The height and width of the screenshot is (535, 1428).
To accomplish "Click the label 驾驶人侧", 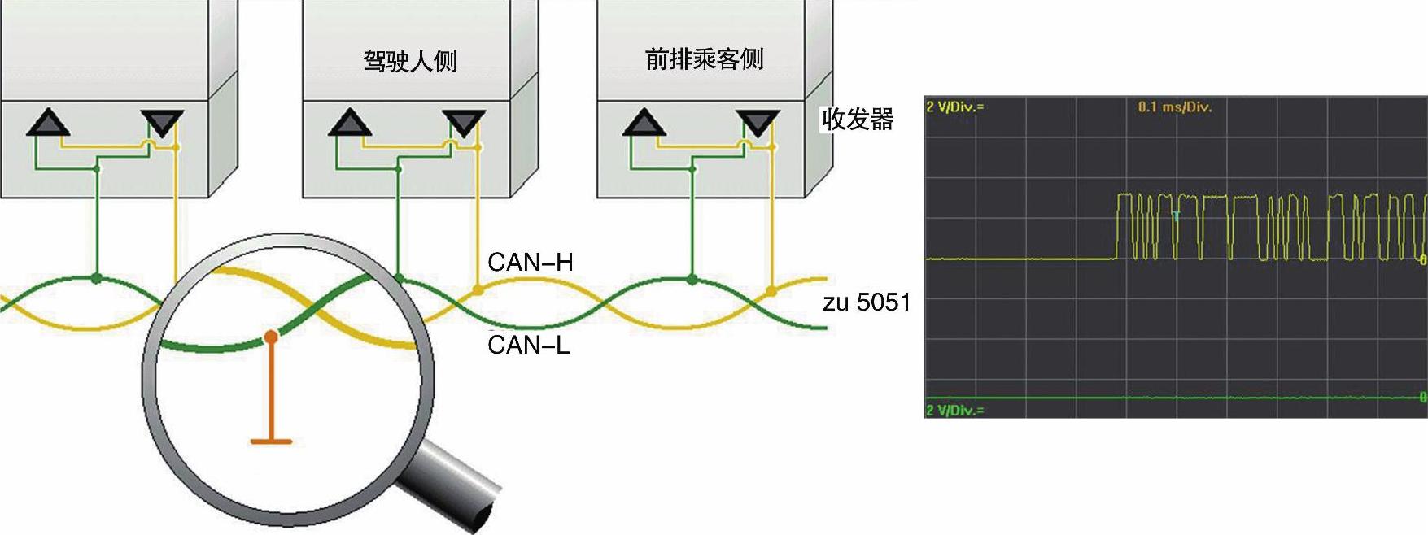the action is [x=410, y=61].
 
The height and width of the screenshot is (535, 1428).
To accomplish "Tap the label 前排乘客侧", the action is [x=704, y=59].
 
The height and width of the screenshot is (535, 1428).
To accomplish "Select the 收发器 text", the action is [x=858, y=120].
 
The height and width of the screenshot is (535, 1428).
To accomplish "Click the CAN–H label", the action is [x=530, y=262].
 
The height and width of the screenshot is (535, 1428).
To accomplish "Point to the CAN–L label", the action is [x=528, y=345].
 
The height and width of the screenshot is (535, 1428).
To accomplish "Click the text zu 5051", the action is [x=867, y=302].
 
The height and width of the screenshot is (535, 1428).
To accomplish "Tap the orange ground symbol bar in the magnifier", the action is [x=271, y=441].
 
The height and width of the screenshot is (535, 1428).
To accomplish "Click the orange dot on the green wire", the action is [x=271, y=336].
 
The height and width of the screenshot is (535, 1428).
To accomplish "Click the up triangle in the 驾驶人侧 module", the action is [x=351, y=123].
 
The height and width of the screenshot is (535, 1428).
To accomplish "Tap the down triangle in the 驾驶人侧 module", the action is [x=464, y=124].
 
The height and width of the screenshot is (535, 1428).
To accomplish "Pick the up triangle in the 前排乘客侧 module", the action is [x=644, y=123].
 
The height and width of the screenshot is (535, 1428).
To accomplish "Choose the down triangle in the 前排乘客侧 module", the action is [x=758, y=124].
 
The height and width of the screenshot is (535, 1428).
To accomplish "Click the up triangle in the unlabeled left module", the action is [x=48, y=123].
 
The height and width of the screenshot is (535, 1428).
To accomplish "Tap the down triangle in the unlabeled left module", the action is [x=162, y=124].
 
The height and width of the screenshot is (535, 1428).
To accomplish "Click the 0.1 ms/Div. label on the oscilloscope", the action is [x=1174, y=107].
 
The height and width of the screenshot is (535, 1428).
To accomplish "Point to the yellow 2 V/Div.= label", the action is [x=954, y=107].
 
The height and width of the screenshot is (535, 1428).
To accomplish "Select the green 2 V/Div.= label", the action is [x=954, y=410].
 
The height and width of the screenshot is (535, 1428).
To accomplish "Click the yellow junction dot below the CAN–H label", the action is [x=478, y=289].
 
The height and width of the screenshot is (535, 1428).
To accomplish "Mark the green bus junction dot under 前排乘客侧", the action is [x=692, y=280].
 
